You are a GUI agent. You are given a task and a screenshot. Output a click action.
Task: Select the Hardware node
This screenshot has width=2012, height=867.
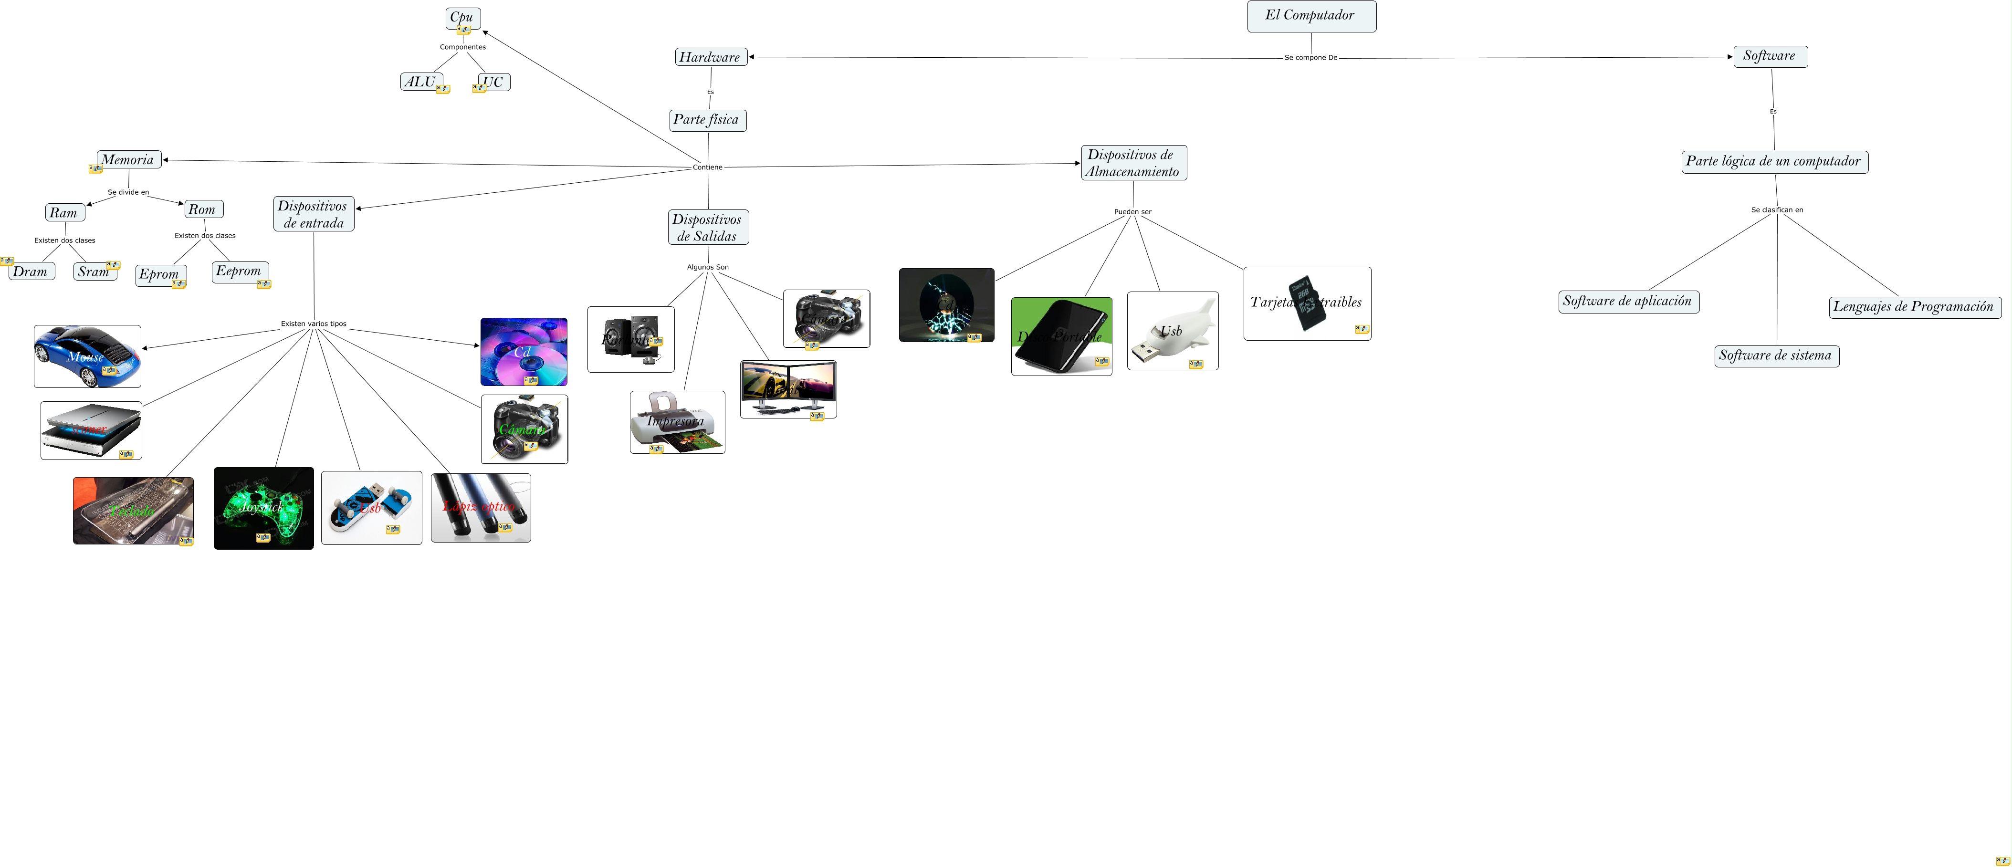[710, 57]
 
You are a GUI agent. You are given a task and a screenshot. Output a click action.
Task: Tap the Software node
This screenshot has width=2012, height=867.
[1770, 56]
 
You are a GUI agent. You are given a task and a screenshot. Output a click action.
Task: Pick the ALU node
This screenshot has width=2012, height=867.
[421, 82]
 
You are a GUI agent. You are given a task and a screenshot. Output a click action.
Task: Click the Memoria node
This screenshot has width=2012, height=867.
[129, 160]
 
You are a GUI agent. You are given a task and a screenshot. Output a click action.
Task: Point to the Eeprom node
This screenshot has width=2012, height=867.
[240, 272]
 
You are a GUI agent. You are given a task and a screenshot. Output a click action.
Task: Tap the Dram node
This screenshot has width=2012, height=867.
[31, 272]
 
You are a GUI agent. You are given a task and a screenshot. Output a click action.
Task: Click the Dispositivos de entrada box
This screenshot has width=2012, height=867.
[313, 214]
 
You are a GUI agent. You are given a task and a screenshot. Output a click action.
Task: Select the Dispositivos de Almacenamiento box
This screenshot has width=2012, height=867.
[1133, 162]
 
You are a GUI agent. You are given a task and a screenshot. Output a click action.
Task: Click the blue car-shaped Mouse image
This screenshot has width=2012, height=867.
[87, 356]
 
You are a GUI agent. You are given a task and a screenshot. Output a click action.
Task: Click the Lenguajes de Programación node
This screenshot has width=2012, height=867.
[1914, 307]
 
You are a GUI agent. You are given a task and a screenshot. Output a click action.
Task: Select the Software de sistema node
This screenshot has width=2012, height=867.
[1776, 356]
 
